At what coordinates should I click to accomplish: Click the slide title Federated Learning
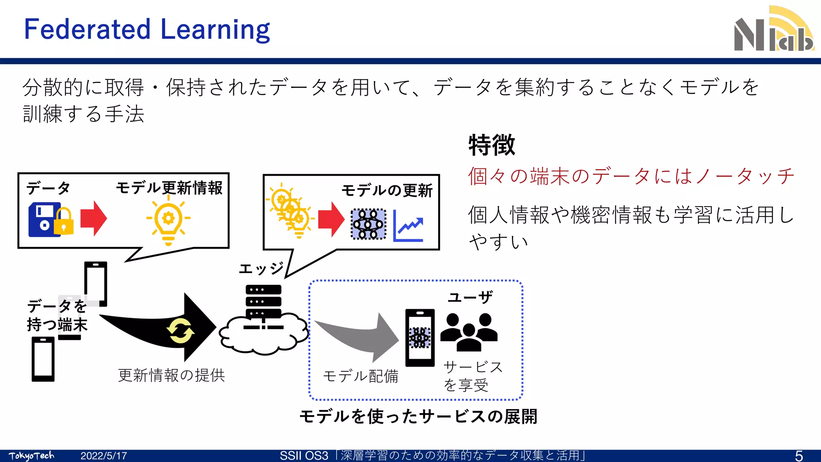click(x=147, y=30)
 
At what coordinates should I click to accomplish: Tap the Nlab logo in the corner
click(x=773, y=30)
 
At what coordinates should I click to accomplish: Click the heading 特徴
click(x=491, y=145)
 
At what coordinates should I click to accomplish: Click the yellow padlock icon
click(x=64, y=221)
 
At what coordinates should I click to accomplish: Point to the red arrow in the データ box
click(x=93, y=219)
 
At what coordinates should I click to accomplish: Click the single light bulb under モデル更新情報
click(x=168, y=221)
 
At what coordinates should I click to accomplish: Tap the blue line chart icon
click(x=408, y=227)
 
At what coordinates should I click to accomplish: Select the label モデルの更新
click(x=387, y=190)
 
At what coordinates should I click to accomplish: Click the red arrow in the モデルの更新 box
click(x=331, y=219)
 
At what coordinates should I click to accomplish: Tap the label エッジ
click(x=261, y=268)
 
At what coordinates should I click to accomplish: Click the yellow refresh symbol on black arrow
click(x=180, y=331)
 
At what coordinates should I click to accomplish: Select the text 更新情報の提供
click(x=172, y=375)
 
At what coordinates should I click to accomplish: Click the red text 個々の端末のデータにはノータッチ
click(x=631, y=176)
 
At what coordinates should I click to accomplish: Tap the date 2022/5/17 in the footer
click(x=103, y=456)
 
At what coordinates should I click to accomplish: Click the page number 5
click(x=799, y=456)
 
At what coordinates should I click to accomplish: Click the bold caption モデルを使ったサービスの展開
click(x=418, y=417)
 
